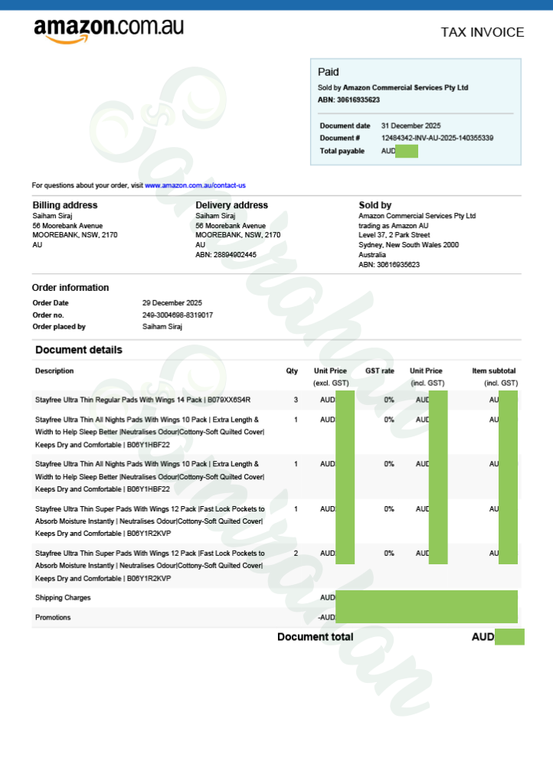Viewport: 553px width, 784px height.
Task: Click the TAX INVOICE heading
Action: tap(483, 32)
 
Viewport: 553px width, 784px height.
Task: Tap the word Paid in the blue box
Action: tap(328, 72)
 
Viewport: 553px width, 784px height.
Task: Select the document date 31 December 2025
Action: tap(411, 126)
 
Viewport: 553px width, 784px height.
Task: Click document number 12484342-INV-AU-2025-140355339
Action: tap(437, 138)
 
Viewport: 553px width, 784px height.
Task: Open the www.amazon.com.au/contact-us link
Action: tap(195, 185)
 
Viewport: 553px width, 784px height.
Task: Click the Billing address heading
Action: tap(65, 205)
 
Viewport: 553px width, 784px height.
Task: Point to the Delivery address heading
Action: tap(231, 205)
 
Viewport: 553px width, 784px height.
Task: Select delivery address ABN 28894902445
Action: tap(226, 255)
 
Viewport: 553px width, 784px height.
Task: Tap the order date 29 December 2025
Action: tap(172, 303)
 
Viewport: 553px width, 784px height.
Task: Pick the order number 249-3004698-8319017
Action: tap(178, 315)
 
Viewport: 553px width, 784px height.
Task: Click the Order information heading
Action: tap(70, 288)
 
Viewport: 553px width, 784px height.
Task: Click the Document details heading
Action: tap(79, 350)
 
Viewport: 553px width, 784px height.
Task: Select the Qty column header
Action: tap(292, 371)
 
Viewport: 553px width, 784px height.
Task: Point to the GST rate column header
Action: tap(380, 371)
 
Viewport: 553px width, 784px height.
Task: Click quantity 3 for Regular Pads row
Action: tap(296, 400)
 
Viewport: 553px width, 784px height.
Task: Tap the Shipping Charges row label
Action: tap(63, 597)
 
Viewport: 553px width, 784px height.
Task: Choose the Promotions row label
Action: tap(53, 617)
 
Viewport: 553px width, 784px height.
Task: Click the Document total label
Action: tap(315, 637)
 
